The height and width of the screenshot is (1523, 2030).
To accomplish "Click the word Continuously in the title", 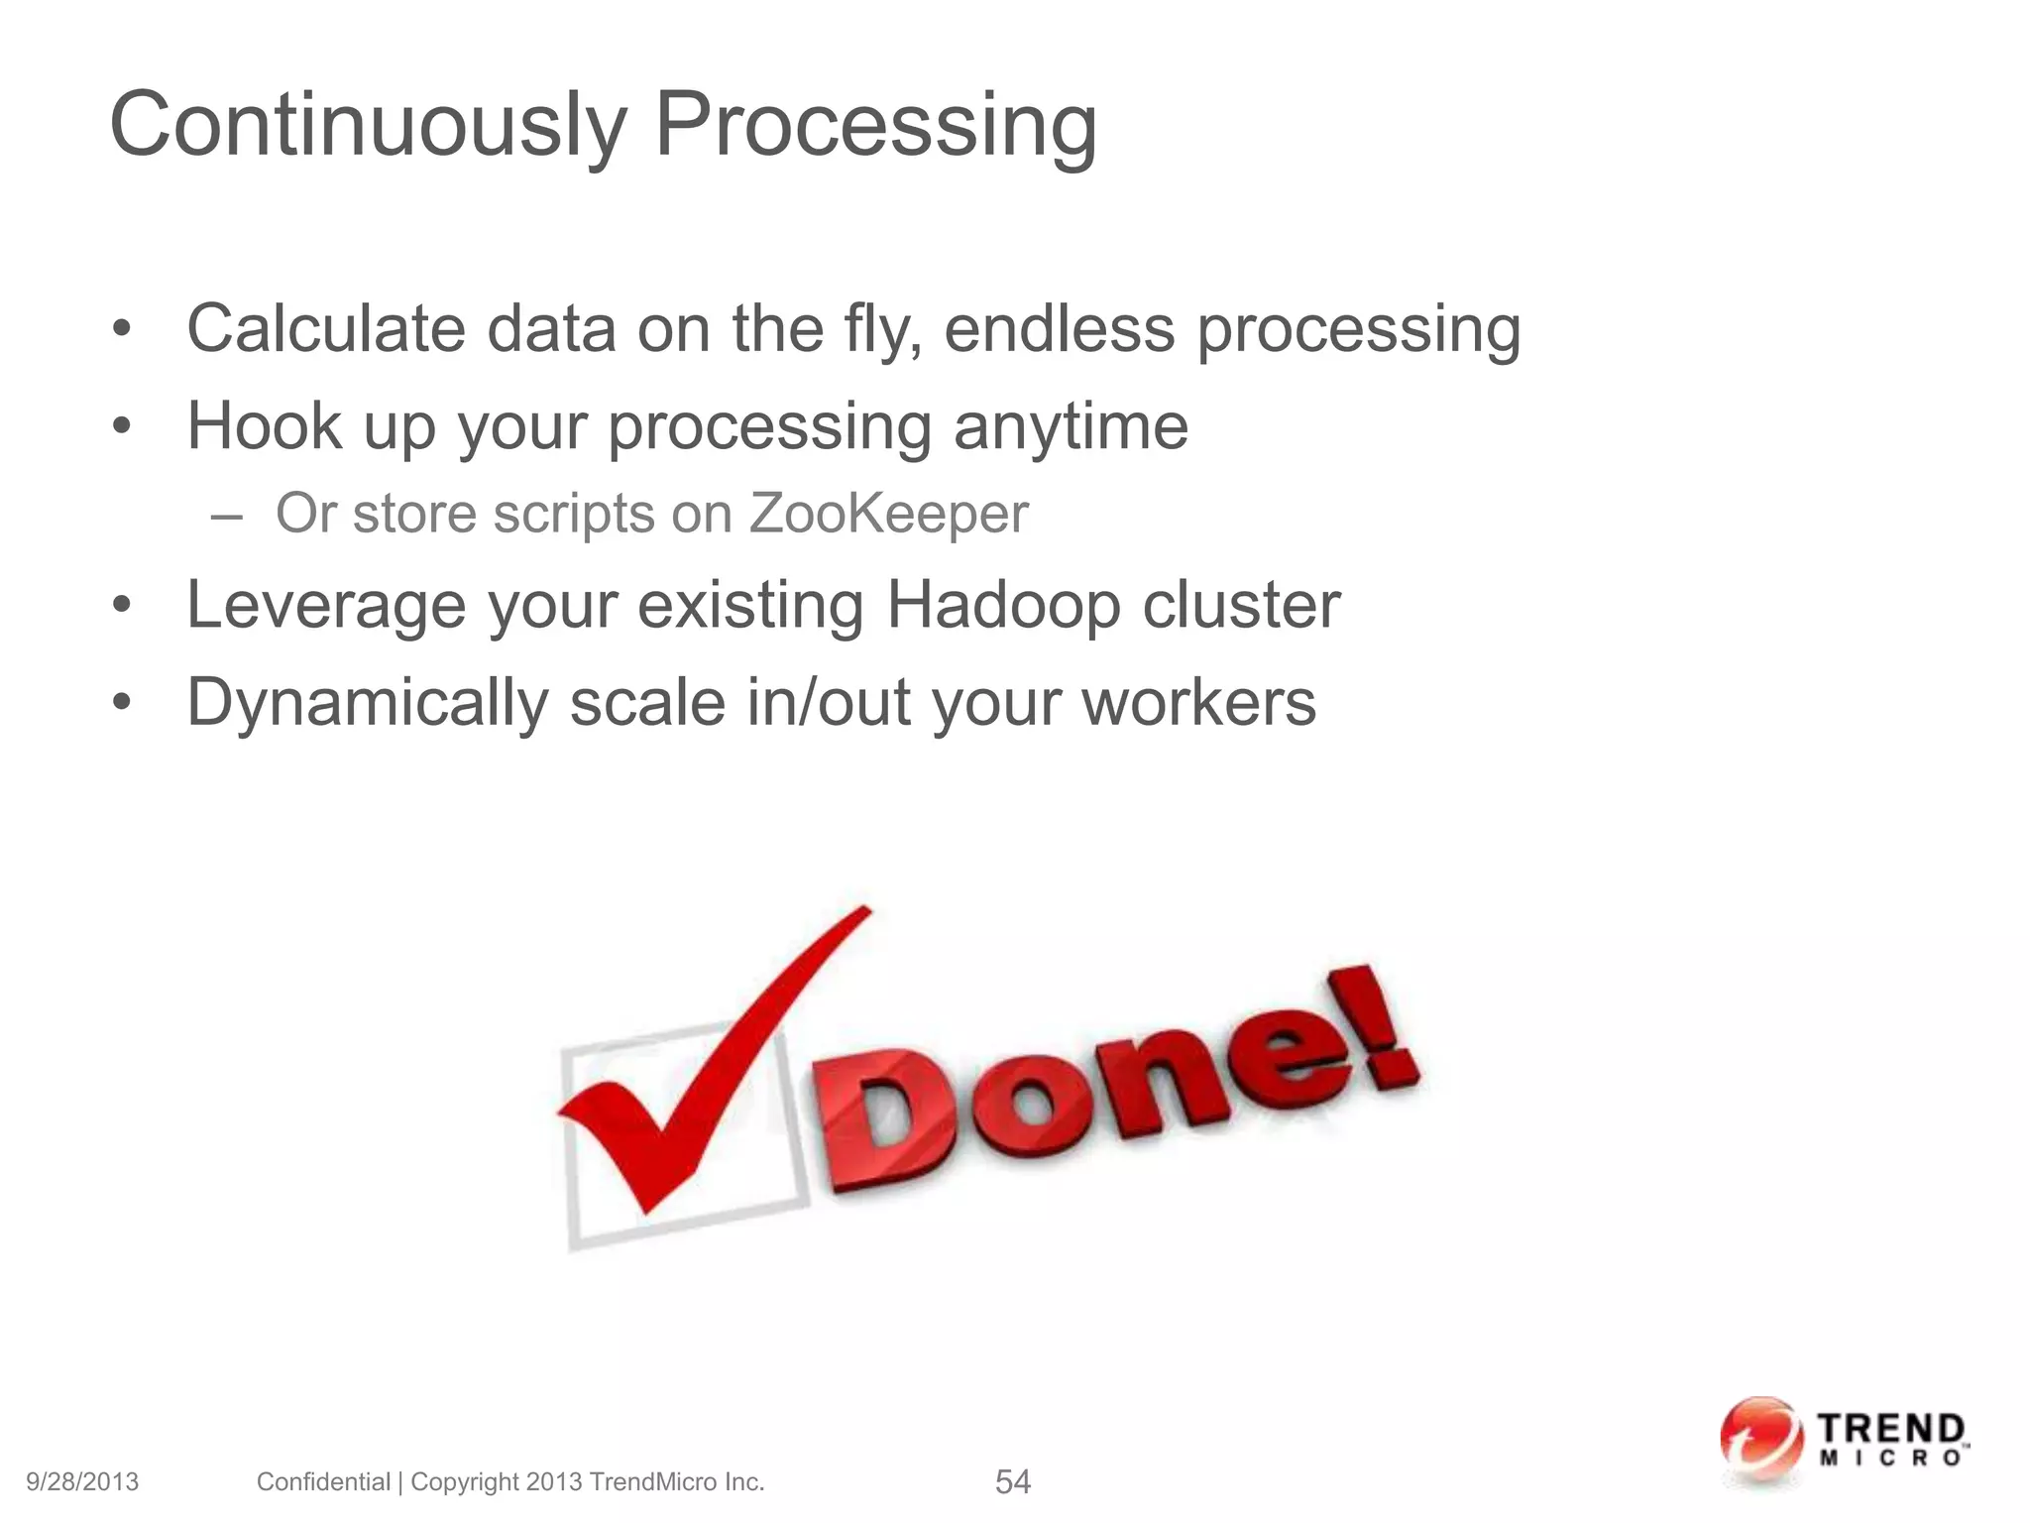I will [368, 127].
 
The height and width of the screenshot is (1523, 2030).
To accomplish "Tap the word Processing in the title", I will [875, 127].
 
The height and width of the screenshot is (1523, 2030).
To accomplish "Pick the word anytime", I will [1071, 426].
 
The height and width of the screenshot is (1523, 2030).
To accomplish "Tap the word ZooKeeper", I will [888, 514].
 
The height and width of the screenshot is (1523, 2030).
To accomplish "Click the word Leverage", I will [326, 605].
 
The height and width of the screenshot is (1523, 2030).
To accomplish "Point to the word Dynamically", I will [367, 702].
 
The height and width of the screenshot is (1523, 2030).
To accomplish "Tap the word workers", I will [1198, 702].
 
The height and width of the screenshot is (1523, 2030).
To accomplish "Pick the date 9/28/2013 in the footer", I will [82, 1481].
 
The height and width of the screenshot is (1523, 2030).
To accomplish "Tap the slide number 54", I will [1012, 1481].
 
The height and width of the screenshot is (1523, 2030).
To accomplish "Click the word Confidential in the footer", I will [323, 1481].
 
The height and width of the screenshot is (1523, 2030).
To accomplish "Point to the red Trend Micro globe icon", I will [1760, 1441].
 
